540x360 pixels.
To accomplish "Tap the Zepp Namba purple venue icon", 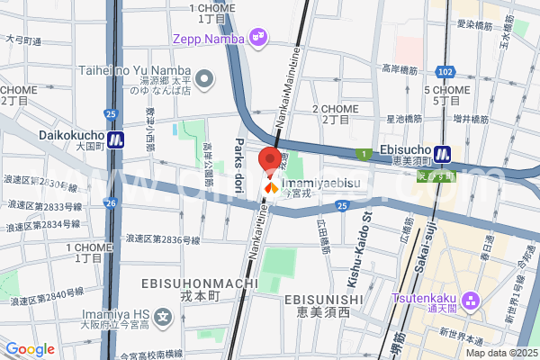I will pos(259,37).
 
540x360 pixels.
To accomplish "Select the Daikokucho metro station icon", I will pos(116,140).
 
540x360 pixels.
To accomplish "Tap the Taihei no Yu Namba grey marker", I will pos(205,78).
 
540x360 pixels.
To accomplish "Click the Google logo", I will pos(30,349).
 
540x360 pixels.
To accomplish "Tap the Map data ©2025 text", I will pos(500,352).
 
